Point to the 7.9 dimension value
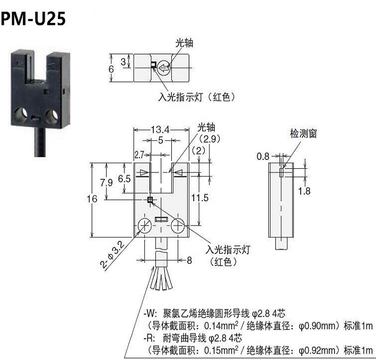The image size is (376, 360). (x=107, y=183)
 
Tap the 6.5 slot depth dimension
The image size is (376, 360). (x=124, y=179)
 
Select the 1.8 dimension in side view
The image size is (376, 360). (x=303, y=191)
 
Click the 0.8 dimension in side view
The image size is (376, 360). (x=263, y=157)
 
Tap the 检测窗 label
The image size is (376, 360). (x=302, y=134)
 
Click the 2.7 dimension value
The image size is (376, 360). (x=139, y=155)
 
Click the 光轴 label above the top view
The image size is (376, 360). (x=184, y=43)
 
